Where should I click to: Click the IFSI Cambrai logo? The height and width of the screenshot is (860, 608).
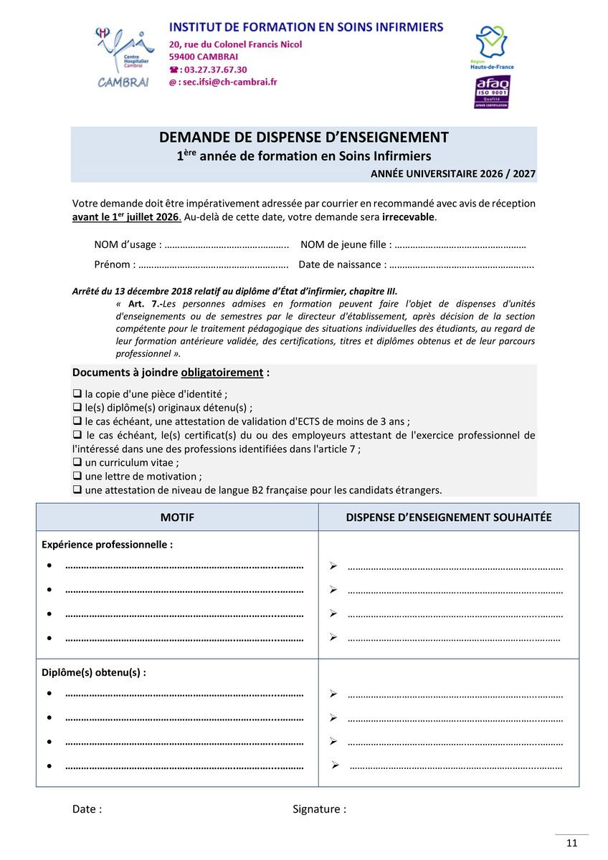[x=123, y=57]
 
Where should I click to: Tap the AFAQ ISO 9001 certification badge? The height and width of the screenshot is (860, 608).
[x=492, y=92]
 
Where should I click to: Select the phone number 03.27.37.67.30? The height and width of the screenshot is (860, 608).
[x=215, y=70]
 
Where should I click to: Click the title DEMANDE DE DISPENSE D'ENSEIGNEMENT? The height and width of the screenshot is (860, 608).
[x=303, y=138]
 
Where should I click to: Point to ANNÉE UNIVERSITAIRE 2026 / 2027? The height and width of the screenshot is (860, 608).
[x=452, y=173]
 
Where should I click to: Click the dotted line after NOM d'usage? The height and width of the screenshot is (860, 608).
[x=227, y=245]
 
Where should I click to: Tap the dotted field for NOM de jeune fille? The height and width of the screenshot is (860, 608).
[x=460, y=245]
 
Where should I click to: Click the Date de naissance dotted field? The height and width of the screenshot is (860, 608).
[x=462, y=264]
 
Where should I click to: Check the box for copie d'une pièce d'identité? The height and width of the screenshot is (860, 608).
[x=77, y=394]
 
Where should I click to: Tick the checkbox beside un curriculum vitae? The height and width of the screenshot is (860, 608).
[x=77, y=463]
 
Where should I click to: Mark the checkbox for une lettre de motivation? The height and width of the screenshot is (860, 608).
[x=77, y=477]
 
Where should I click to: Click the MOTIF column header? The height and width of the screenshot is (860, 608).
[x=177, y=517]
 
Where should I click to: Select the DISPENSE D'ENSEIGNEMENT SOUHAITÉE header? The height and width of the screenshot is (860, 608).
[x=449, y=517]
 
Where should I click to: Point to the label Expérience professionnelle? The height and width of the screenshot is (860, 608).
[x=107, y=545]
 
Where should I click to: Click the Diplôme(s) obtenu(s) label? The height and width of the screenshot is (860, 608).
[x=94, y=673]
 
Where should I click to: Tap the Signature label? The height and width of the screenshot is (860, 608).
[x=319, y=809]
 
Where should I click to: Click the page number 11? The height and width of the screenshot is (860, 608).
[x=571, y=844]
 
